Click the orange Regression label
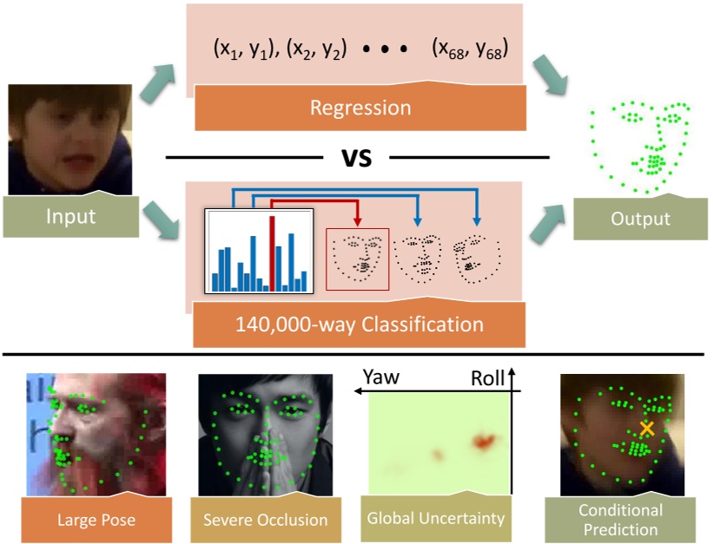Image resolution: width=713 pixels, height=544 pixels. (x=360, y=108)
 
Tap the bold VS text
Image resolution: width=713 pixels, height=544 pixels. (x=357, y=159)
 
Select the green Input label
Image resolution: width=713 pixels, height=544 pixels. (x=71, y=215)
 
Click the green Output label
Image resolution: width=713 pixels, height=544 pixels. (x=638, y=219)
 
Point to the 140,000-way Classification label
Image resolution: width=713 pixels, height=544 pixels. (x=360, y=325)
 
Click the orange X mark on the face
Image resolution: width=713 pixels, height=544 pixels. (x=646, y=428)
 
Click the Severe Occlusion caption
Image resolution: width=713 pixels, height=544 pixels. (x=265, y=521)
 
